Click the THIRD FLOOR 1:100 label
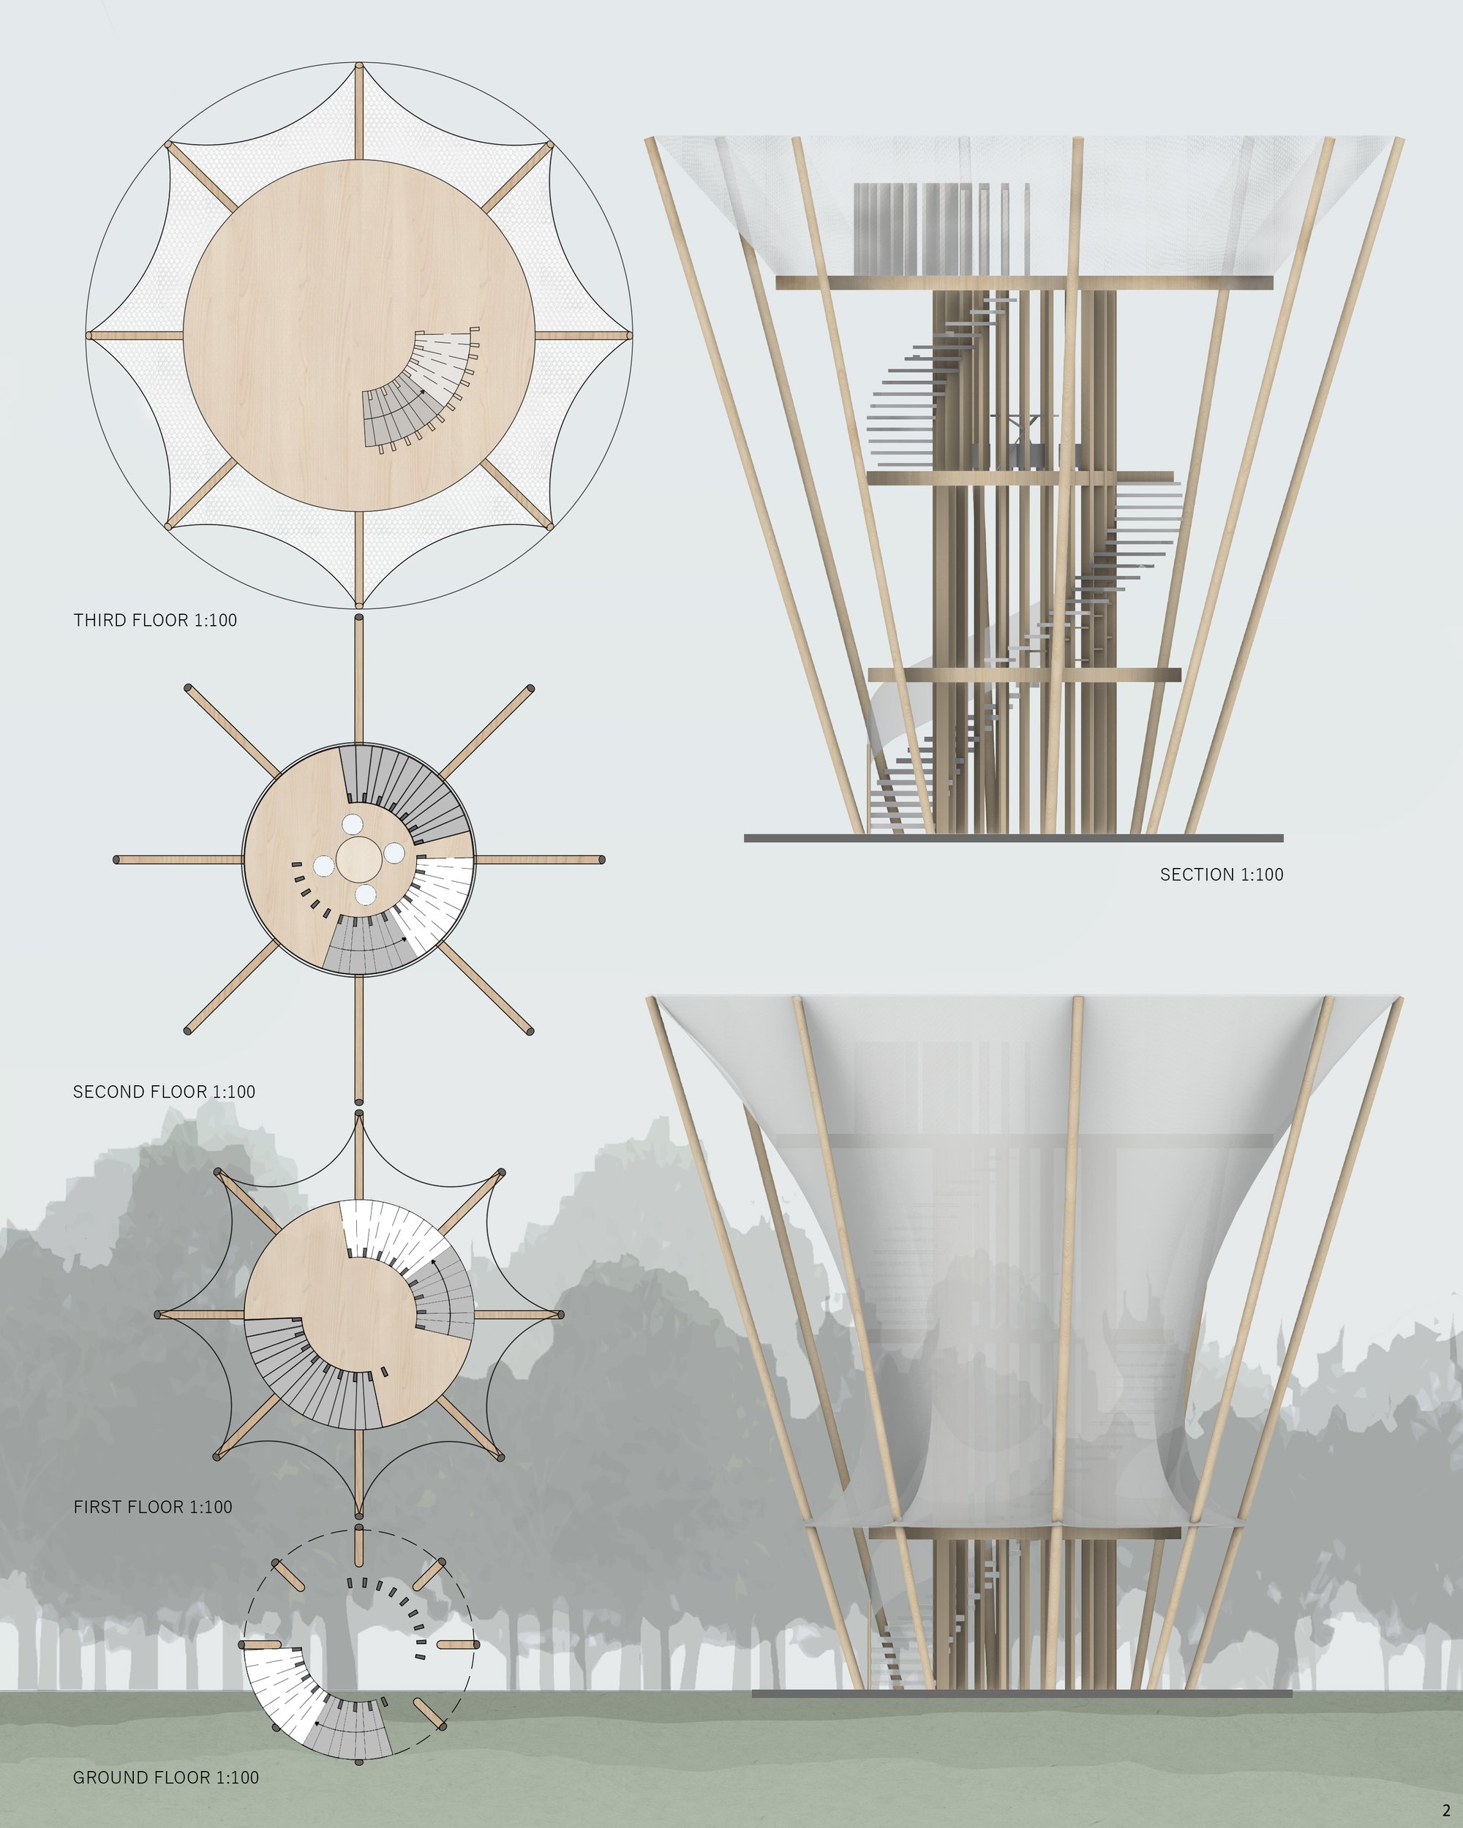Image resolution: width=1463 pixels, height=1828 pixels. click(155, 620)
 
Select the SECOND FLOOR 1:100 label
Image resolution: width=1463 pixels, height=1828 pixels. click(164, 1091)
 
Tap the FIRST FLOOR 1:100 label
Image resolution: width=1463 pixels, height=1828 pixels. click(153, 1507)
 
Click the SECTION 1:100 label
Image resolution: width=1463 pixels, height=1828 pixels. click(1222, 875)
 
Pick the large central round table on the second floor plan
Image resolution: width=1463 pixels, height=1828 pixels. click(361, 860)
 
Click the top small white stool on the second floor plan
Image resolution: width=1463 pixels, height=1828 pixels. click(353, 824)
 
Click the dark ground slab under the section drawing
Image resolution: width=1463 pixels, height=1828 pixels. click(1014, 838)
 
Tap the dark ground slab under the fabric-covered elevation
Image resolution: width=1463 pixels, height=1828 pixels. click(1022, 1693)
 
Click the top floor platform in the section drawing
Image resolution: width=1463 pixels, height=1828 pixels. click(1025, 282)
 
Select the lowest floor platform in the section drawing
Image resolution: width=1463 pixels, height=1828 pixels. click(1025, 675)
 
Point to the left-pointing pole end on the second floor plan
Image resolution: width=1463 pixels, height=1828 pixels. click(117, 860)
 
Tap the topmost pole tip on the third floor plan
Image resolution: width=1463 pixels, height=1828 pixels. click(360, 66)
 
